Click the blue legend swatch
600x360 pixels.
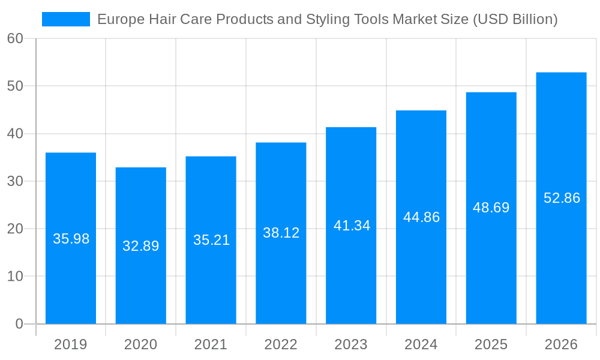(x=65, y=19)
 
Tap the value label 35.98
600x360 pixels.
(x=71, y=239)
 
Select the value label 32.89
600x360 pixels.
(x=140, y=246)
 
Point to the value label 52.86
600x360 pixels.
(x=562, y=198)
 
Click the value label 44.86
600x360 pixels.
(x=421, y=217)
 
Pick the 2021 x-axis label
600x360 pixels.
(x=211, y=344)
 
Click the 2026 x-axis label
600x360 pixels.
(x=561, y=344)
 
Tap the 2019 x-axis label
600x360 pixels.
(x=70, y=344)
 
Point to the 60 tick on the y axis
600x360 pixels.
(x=15, y=38)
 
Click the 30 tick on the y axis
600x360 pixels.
(x=15, y=181)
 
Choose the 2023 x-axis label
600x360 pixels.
(x=351, y=344)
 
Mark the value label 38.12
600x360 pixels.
(x=281, y=233)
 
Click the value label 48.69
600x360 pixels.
(x=491, y=208)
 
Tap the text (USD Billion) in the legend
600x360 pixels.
(x=515, y=19)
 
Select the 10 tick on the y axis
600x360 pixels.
(x=15, y=277)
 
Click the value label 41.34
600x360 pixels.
(x=352, y=226)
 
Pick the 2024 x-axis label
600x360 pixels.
(x=421, y=344)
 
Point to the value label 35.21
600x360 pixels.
(x=211, y=240)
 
